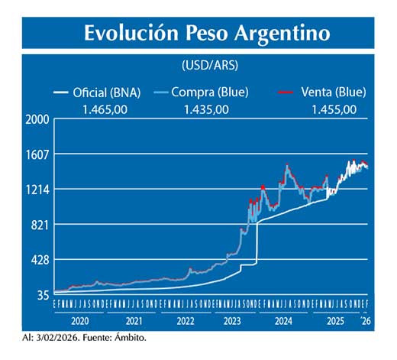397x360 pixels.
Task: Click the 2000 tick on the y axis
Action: click(x=37, y=120)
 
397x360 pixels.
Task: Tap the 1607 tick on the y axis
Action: click(x=37, y=154)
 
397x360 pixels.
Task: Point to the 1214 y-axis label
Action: click(x=37, y=190)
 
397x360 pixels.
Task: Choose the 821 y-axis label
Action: click(x=40, y=225)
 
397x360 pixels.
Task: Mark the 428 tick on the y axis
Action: click(x=40, y=260)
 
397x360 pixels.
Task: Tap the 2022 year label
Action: click(x=186, y=322)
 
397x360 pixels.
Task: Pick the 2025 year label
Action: click(x=336, y=322)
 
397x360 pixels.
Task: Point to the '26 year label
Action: click(x=366, y=322)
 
